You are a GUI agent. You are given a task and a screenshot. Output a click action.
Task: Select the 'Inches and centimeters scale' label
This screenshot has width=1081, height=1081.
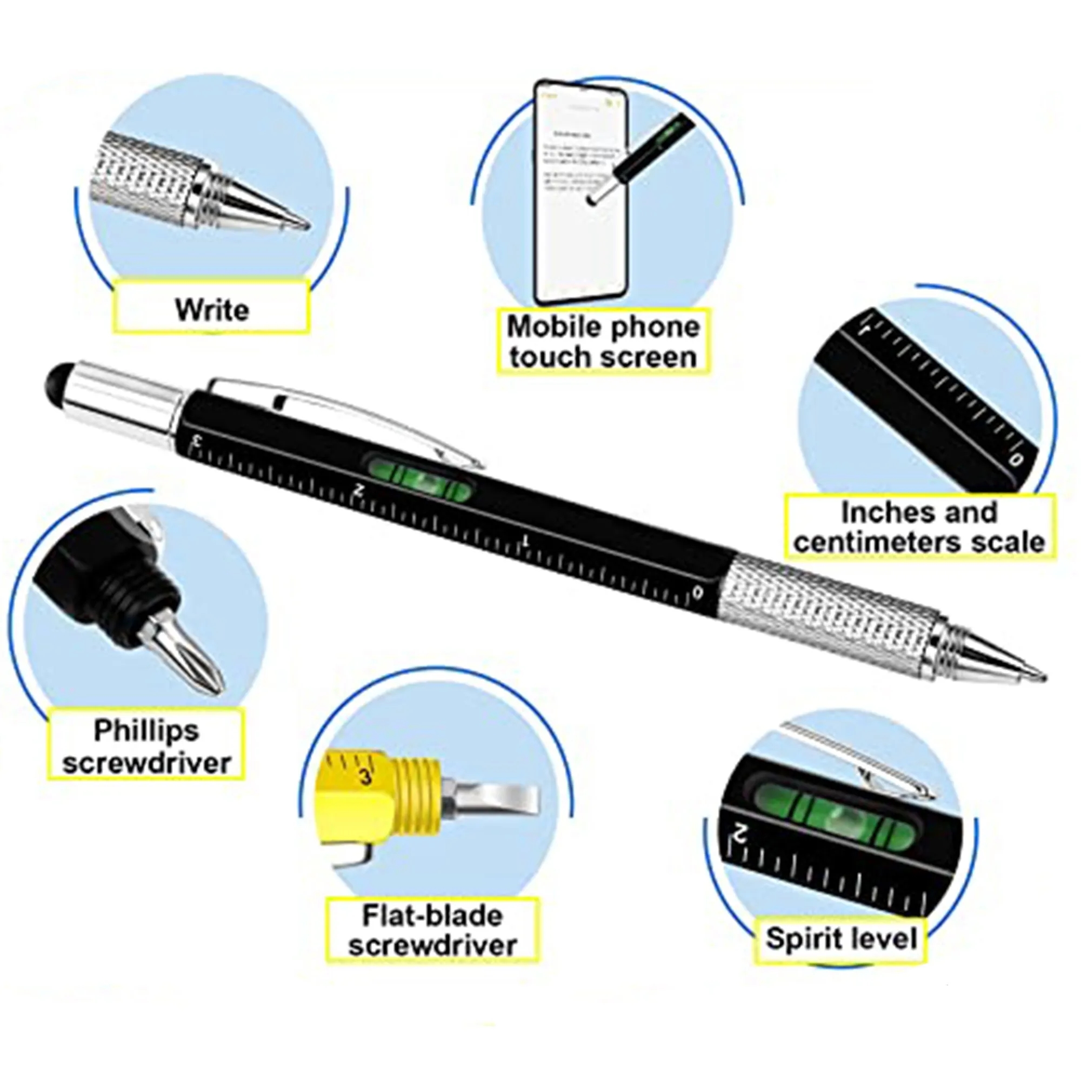click(919, 526)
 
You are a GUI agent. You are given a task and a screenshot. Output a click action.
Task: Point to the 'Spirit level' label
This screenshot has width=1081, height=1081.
click(842, 938)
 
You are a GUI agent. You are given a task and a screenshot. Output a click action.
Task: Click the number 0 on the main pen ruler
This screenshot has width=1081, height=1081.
click(697, 592)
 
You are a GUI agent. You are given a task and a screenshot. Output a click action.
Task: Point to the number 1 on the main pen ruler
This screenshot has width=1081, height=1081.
click(525, 540)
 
